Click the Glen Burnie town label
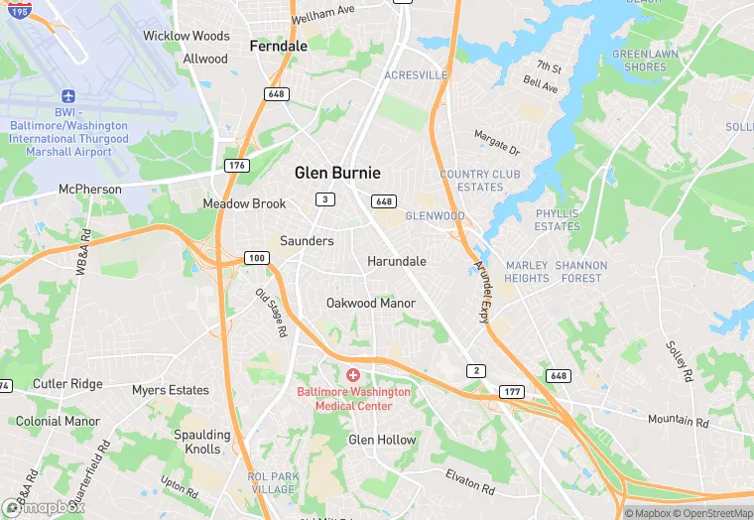click(x=337, y=173)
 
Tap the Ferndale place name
click(x=278, y=46)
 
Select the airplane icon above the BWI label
click(x=68, y=97)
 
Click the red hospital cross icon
click(x=353, y=375)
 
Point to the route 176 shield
click(x=236, y=165)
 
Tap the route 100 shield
click(x=257, y=258)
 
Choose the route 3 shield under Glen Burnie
click(x=323, y=199)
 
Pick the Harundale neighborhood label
click(x=397, y=261)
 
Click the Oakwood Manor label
click(x=371, y=303)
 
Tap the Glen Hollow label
click(x=382, y=440)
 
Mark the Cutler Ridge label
click(x=67, y=384)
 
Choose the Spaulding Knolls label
click(x=202, y=442)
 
